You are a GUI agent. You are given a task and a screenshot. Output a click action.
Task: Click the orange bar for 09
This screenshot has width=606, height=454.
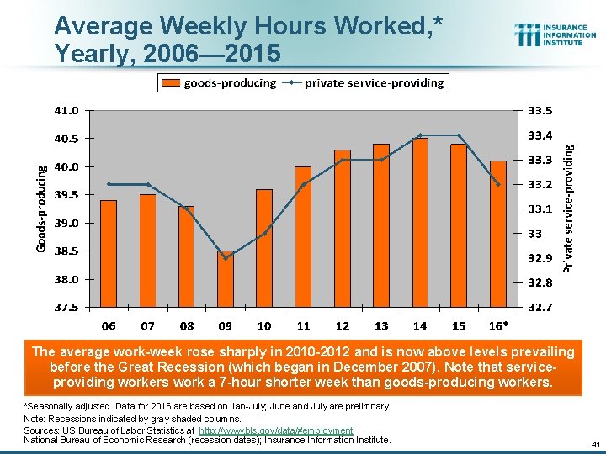pyautogui.click(x=225, y=278)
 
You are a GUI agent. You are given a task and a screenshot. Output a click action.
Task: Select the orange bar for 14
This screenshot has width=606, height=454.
pyautogui.click(x=420, y=222)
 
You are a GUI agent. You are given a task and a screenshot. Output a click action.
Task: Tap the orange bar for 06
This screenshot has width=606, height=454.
pyautogui.click(x=109, y=253)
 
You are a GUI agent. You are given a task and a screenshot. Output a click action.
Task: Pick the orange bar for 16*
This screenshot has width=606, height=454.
pyautogui.click(x=498, y=233)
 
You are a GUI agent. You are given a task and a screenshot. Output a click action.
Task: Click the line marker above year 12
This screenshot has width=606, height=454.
pyautogui.click(x=343, y=160)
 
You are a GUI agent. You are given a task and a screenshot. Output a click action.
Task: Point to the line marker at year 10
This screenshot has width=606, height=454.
pyautogui.click(x=264, y=234)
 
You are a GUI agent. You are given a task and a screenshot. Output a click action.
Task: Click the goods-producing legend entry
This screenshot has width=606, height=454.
pyautogui.click(x=219, y=82)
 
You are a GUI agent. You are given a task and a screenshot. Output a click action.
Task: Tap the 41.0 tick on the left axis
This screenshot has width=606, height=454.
pyautogui.click(x=68, y=110)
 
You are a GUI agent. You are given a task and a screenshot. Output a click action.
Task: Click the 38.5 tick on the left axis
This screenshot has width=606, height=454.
pyautogui.click(x=68, y=251)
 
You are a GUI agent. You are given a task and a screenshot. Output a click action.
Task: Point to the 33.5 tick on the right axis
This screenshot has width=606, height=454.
pyautogui.click(x=540, y=110)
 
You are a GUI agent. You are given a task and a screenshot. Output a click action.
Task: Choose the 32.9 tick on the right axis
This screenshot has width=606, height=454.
pyautogui.click(x=540, y=258)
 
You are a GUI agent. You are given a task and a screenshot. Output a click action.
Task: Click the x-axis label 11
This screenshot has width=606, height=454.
pyautogui.click(x=303, y=325)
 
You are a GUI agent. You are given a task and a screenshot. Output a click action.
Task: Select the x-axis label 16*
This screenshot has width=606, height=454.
pyautogui.click(x=499, y=325)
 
